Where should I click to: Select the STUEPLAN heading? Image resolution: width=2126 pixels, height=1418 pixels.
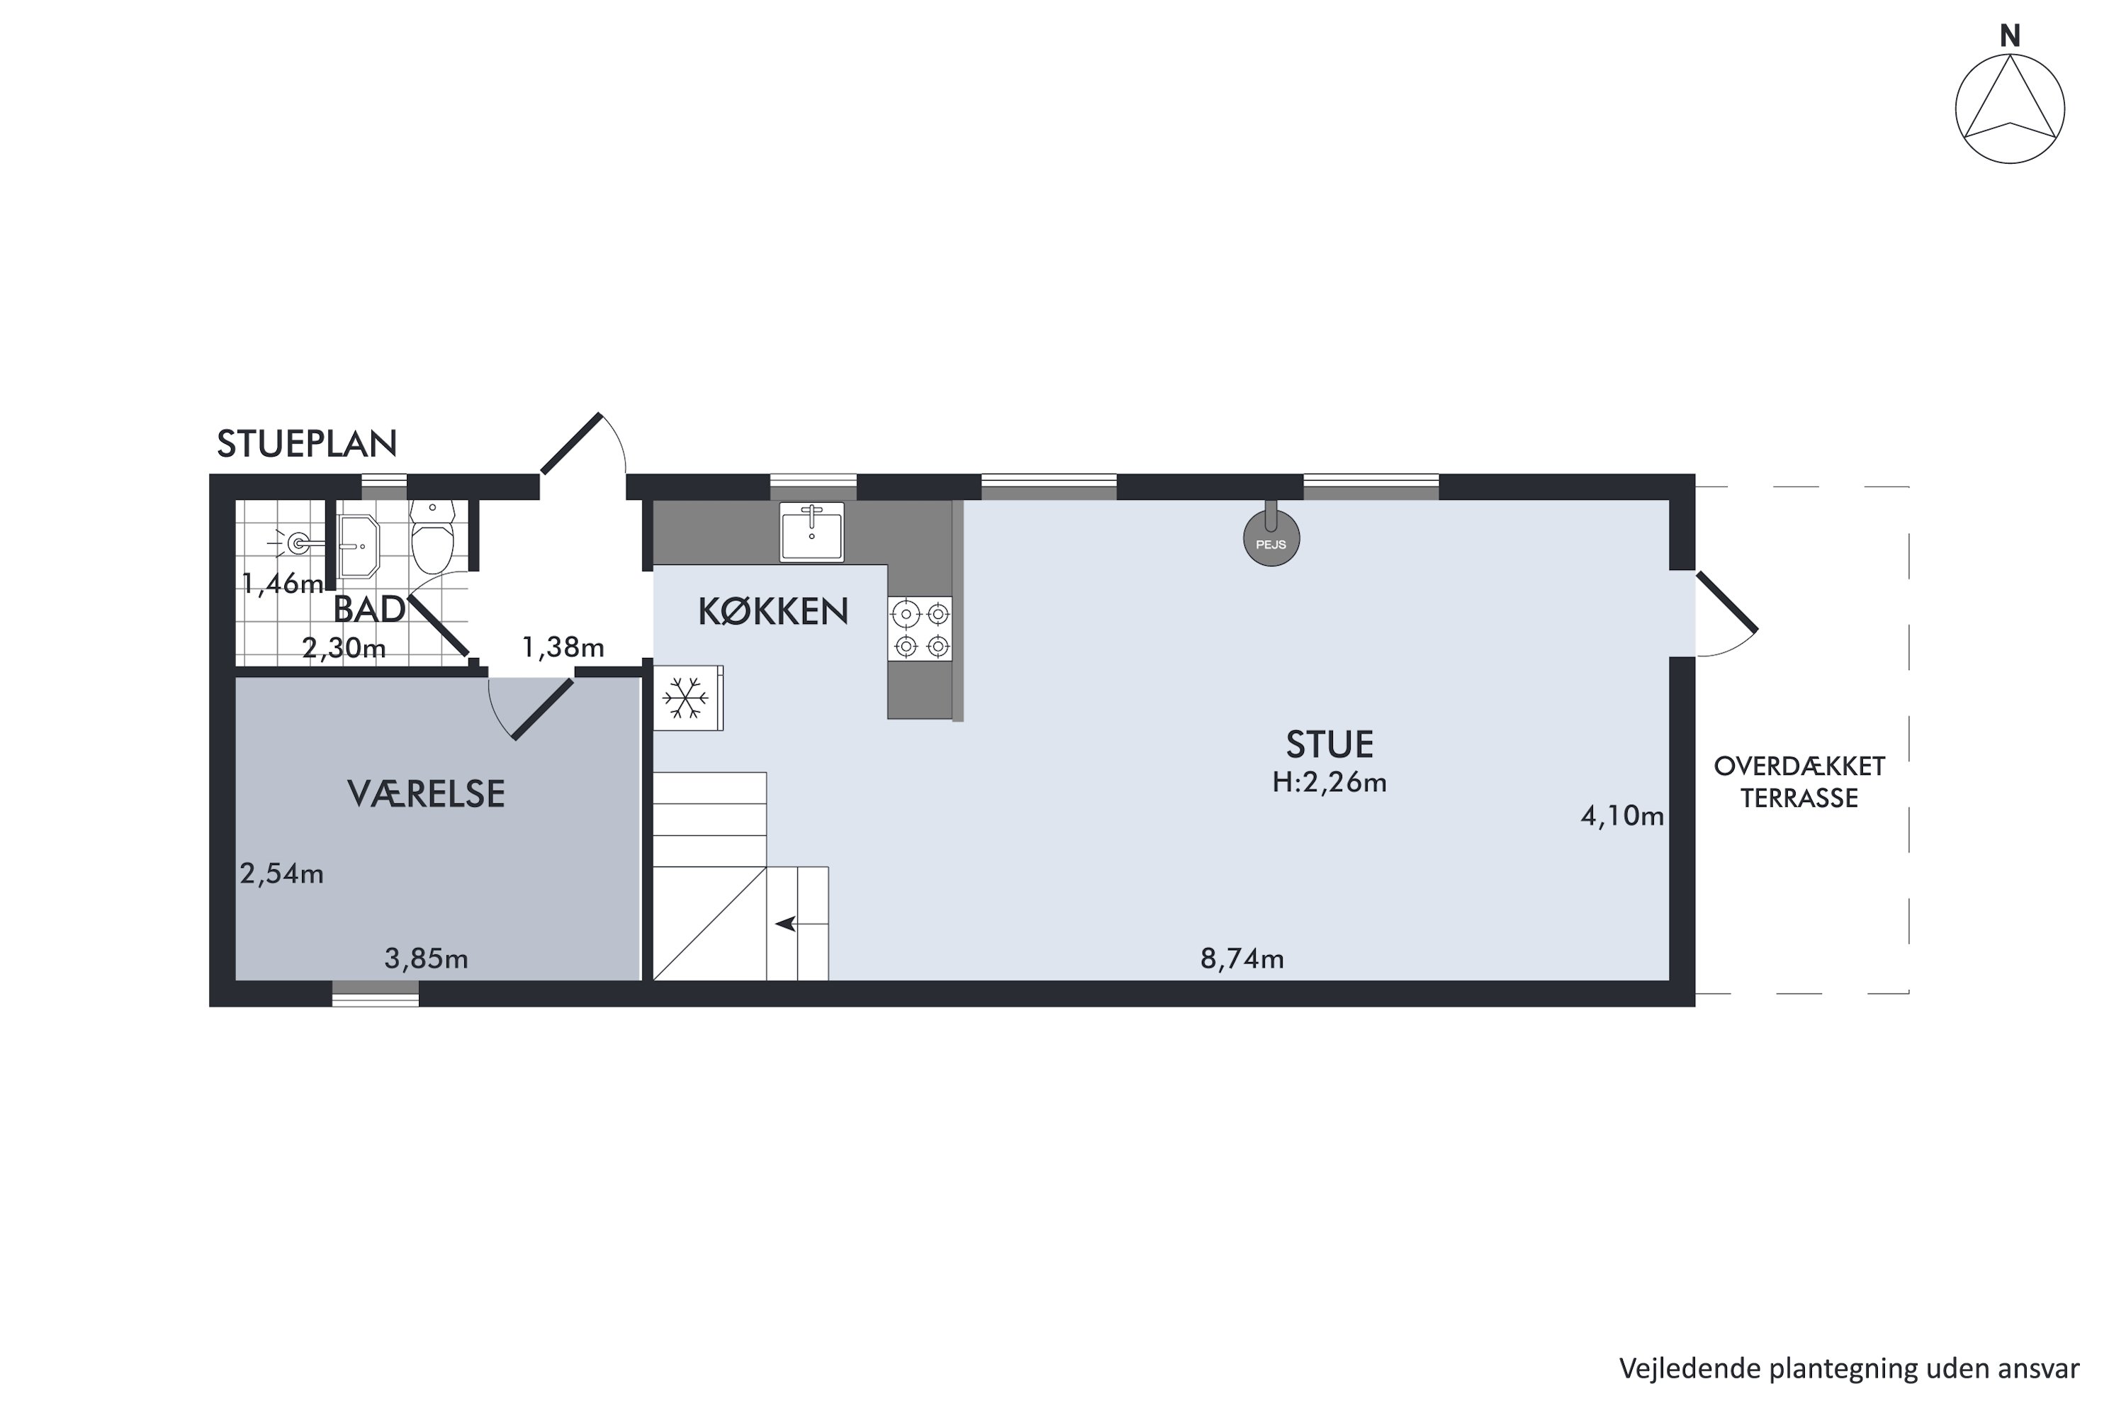[x=308, y=444]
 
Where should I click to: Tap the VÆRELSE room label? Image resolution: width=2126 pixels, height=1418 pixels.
[x=426, y=794]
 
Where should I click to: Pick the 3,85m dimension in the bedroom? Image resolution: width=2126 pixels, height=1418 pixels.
[x=426, y=959]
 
